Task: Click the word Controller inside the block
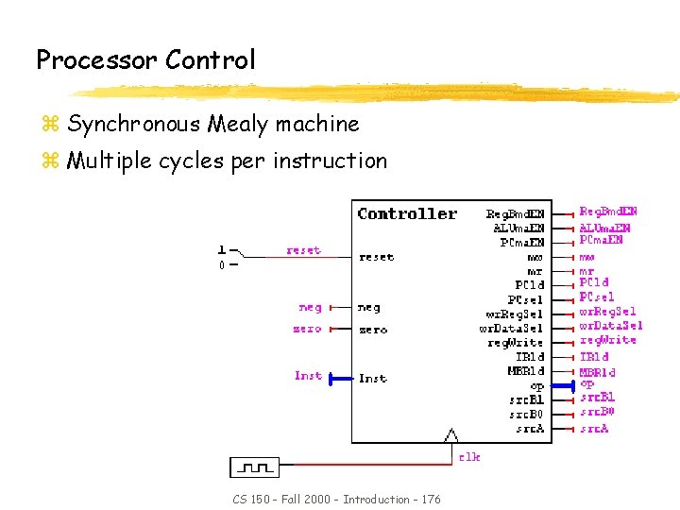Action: point(407,214)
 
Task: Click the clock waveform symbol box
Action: point(255,467)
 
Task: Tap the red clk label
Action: point(469,457)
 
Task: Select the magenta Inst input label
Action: point(308,376)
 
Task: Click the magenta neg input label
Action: point(310,307)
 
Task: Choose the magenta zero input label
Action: point(307,329)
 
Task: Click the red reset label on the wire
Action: point(303,250)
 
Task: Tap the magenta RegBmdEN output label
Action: point(607,212)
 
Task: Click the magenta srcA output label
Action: point(594,429)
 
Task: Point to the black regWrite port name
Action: point(516,343)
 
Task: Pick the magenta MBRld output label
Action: point(597,372)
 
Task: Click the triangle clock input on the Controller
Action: point(451,435)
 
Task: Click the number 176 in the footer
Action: point(429,499)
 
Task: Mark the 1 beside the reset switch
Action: point(222,250)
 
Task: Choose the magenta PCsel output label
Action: point(597,297)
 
